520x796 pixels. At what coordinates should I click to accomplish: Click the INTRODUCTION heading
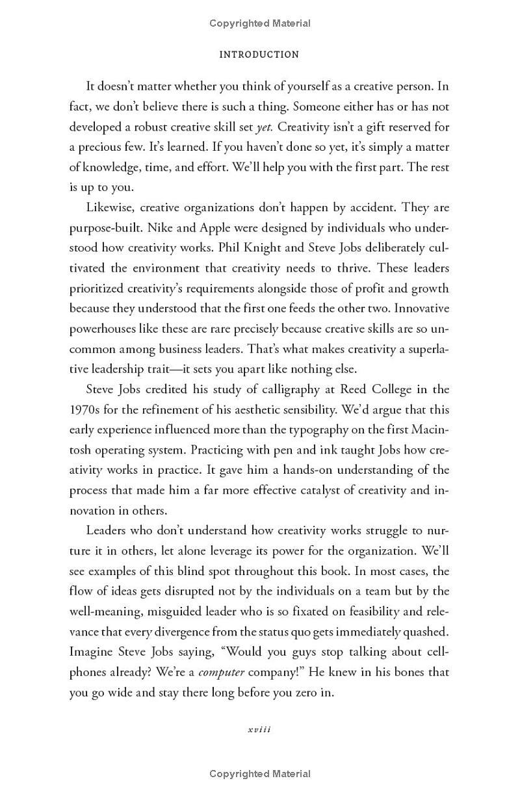tap(259, 55)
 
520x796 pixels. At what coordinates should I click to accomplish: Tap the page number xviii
tap(259, 729)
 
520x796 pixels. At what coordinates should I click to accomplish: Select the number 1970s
tap(84, 409)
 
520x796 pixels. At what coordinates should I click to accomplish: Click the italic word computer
tap(222, 672)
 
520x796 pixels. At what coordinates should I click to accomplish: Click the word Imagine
tap(88, 652)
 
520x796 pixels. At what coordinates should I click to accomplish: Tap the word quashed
tap(425, 632)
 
